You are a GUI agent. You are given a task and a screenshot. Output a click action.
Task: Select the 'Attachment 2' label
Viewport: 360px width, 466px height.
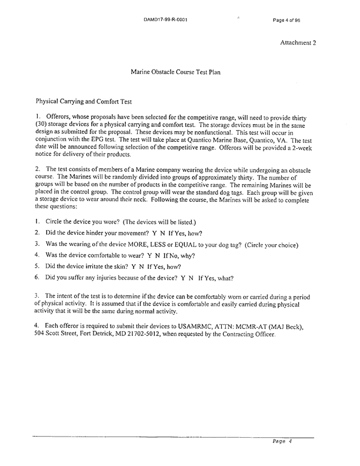click(298, 43)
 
